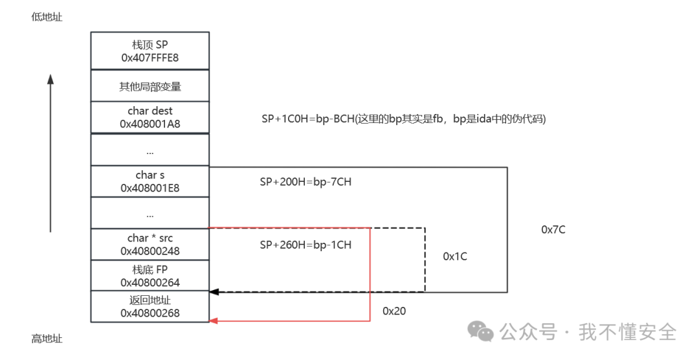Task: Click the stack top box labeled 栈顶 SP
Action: point(150,51)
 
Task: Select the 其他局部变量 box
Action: point(150,85)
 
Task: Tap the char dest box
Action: point(150,117)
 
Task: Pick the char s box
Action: point(150,181)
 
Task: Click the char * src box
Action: point(150,244)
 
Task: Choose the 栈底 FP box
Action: point(150,276)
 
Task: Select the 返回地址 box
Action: point(150,307)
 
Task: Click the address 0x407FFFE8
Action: point(150,58)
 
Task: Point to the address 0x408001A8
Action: point(150,124)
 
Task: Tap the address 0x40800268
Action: point(150,313)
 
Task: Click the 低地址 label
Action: point(47,17)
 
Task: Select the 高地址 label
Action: point(47,339)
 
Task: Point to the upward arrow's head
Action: point(50,79)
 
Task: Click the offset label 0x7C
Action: point(553,229)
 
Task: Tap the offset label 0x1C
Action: point(455,256)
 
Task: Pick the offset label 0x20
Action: point(394,311)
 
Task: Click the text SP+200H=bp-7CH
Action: point(305,183)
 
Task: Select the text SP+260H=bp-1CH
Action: point(305,245)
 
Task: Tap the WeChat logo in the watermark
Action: point(480,332)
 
